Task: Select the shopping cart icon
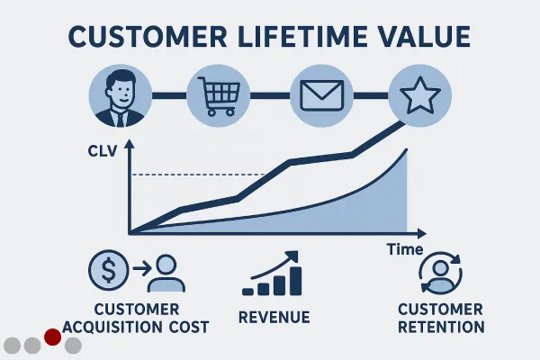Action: (219, 95)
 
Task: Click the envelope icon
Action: (321, 95)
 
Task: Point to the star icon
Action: (419, 95)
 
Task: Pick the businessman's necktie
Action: (120, 119)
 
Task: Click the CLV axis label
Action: (103, 151)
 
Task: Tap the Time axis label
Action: (405, 249)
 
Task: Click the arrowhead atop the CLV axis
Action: (130, 144)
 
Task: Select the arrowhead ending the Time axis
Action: (422, 234)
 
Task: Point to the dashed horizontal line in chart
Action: (198, 175)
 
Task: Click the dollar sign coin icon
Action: (109, 270)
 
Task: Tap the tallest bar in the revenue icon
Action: (295, 281)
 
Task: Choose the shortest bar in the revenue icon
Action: (248, 292)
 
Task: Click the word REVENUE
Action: (274, 318)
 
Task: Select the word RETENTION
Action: (441, 327)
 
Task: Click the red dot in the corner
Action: (53, 337)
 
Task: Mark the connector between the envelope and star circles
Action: (371, 95)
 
